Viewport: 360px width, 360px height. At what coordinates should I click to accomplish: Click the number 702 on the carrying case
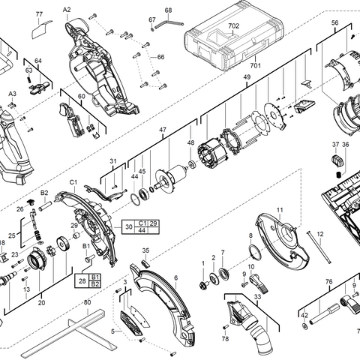tap(233, 25)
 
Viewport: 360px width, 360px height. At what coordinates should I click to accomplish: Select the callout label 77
tap(40, 15)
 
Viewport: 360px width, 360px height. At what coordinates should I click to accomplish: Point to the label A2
tap(67, 9)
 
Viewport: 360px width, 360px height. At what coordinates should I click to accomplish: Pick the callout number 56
tap(335, 23)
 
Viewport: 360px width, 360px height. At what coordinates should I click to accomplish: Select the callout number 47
tap(161, 130)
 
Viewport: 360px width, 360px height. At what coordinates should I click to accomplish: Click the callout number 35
tap(146, 250)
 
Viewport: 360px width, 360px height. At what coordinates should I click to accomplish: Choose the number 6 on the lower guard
tap(175, 277)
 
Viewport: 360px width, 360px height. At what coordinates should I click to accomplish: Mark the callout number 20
tap(41, 303)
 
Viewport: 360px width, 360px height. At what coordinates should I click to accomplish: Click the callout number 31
tap(113, 161)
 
